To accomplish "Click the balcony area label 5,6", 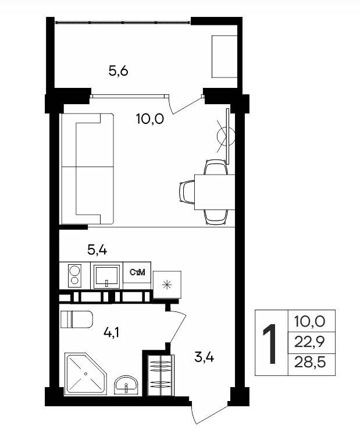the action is (118, 70).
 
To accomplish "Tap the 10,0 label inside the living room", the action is (150, 119).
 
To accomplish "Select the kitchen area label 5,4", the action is (97, 250).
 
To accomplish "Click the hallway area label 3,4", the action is (204, 357).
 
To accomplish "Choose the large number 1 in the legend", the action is (270, 343).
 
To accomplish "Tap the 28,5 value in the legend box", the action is (310, 363).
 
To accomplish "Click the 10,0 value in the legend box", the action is (309, 321).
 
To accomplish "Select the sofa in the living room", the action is (87, 169).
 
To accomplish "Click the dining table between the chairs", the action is (215, 192).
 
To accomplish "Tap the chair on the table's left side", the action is (187, 192).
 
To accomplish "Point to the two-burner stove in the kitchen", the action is (74, 275).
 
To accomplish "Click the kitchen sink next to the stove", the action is (107, 276).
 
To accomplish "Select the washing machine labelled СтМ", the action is (137, 276).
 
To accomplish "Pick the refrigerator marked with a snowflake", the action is (167, 285).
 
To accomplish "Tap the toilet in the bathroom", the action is (77, 320).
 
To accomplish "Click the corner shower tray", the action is (85, 374).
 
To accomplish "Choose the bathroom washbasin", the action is (126, 385).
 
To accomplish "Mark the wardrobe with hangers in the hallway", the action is (161, 375).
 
